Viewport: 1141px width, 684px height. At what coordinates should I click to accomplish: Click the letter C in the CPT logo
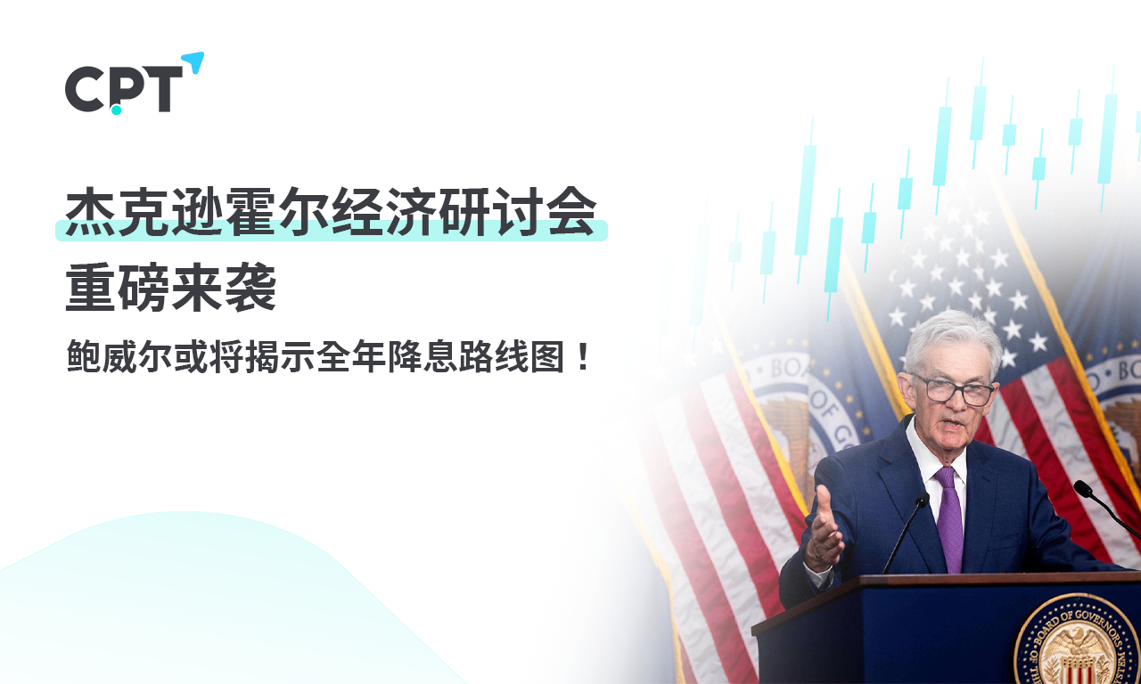pyautogui.click(x=84, y=89)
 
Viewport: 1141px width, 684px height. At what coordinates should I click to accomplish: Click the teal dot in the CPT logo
pyautogui.click(x=117, y=109)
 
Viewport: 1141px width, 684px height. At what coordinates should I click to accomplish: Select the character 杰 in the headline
pyautogui.click(x=91, y=211)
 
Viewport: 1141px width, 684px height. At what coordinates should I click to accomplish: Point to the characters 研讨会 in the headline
pyautogui.click(x=516, y=211)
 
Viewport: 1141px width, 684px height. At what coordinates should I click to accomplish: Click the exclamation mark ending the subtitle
pyautogui.click(x=584, y=357)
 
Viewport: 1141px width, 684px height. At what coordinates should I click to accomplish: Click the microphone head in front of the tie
pyautogui.click(x=922, y=501)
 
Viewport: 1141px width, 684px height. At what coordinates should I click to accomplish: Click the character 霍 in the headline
pyautogui.click(x=250, y=211)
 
